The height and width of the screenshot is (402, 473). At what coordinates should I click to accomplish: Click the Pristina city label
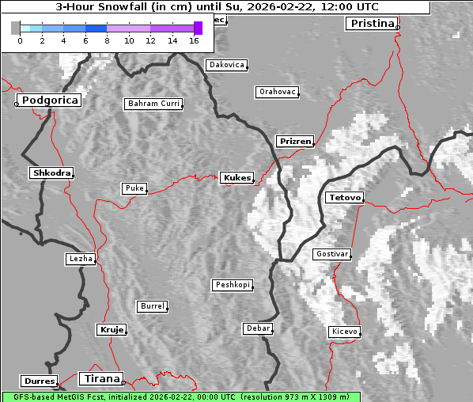pyautogui.click(x=371, y=23)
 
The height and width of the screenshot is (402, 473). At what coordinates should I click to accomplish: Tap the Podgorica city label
pyautogui.click(x=49, y=100)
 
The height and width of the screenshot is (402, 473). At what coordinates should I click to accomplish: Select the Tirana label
pyautogui.click(x=100, y=378)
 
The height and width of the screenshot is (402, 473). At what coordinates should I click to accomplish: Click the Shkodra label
pyautogui.click(x=51, y=173)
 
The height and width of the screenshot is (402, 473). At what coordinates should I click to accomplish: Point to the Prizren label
pyautogui.click(x=296, y=142)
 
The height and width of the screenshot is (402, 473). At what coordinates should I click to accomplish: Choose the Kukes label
pyautogui.click(x=236, y=178)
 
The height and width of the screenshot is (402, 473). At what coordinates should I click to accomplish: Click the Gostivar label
pyautogui.click(x=331, y=254)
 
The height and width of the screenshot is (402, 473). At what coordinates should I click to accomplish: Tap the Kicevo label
pyautogui.click(x=345, y=332)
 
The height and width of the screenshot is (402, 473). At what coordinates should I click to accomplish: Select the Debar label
pyautogui.click(x=258, y=328)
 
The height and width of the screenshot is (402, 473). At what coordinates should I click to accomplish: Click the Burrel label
pyautogui.click(x=152, y=305)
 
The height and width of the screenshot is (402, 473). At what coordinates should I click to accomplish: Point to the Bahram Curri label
pyautogui.click(x=153, y=104)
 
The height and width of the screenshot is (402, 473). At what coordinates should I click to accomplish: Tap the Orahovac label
pyautogui.click(x=277, y=92)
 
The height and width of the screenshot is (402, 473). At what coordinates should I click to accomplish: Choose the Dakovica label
pyautogui.click(x=225, y=65)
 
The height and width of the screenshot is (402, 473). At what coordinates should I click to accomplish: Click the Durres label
pyautogui.click(x=40, y=381)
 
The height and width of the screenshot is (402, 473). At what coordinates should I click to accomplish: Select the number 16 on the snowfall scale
pyautogui.click(x=195, y=40)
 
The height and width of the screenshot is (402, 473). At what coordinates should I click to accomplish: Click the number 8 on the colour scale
pyautogui.click(x=107, y=40)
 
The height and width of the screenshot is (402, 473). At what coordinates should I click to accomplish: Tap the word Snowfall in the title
pyautogui.click(x=126, y=6)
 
